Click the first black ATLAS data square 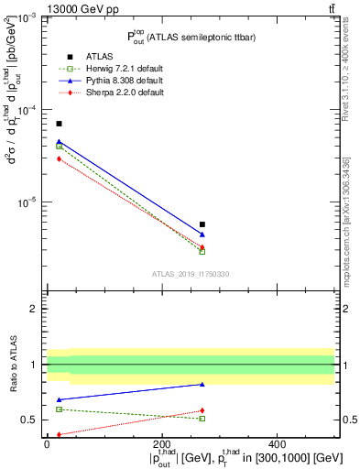coord(60,124)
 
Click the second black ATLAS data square coord(202,224)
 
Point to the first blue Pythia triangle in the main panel coord(60,142)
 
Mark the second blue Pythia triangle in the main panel coord(202,234)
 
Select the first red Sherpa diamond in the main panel coord(60,158)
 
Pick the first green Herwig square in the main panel coord(60,147)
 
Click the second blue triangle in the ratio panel coord(202,384)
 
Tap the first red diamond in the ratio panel coord(60,434)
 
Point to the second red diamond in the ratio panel coord(202,410)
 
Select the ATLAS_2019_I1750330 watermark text coord(191,274)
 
